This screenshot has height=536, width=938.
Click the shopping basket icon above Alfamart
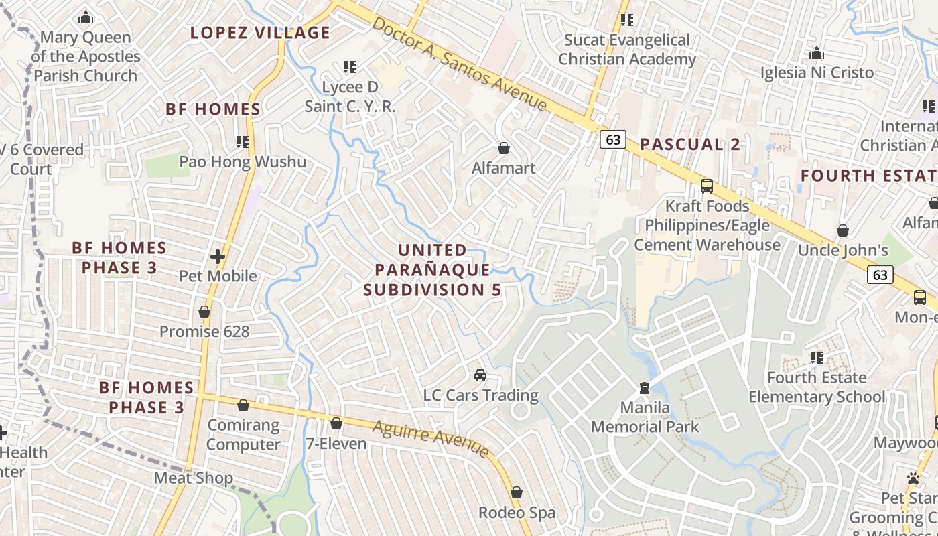pyautogui.click(x=503, y=148)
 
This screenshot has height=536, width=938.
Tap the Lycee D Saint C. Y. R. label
pyautogui.click(x=350, y=96)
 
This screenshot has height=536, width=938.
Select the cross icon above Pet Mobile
pyautogui.click(x=218, y=257)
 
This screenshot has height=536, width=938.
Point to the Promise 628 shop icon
pyautogui.click(x=204, y=312)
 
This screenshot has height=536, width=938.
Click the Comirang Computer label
pyautogui.click(x=243, y=435)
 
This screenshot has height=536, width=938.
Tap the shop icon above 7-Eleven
pyautogui.click(x=336, y=424)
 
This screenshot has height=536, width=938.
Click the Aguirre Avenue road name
pyautogui.click(x=431, y=439)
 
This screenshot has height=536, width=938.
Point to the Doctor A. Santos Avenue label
pyautogui.click(x=460, y=64)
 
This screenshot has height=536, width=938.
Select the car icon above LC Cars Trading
pyautogui.click(x=480, y=375)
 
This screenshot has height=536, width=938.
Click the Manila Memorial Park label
pyautogui.click(x=645, y=417)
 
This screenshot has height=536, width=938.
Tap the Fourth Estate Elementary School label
pyautogui.click(x=816, y=387)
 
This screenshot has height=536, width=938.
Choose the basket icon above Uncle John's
pyautogui.click(x=843, y=231)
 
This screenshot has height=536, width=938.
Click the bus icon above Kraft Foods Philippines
pyautogui.click(x=707, y=186)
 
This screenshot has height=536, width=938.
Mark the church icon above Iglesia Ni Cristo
pyautogui.click(x=817, y=54)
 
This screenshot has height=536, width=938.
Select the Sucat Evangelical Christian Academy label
pyautogui.click(x=627, y=50)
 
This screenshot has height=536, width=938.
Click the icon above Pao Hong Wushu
pyautogui.click(x=243, y=142)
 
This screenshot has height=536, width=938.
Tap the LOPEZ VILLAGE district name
pyautogui.click(x=260, y=32)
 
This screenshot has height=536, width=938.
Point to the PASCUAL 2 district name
pyautogui.click(x=689, y=144)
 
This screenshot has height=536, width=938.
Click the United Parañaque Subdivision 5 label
pyautogui.click(x=432, y=270)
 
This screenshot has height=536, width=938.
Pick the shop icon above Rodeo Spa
pyautogui.click(x=517, y=493)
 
